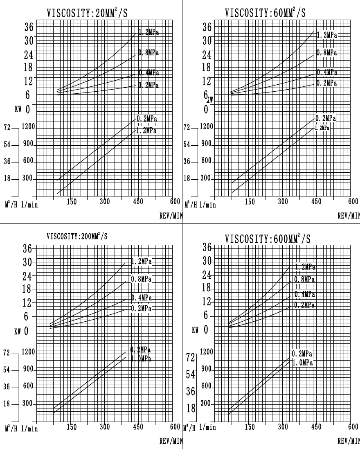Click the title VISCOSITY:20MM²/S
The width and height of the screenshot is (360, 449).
coord(87,13)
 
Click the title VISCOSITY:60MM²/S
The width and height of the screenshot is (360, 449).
coord(265,13)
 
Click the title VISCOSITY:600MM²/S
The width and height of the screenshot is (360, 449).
coord(268,239)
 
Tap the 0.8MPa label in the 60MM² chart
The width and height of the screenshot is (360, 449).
coord(326,53)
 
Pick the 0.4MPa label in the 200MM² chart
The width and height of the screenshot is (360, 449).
coord(141,298)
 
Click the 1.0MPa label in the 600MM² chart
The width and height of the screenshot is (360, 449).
coord(303,363)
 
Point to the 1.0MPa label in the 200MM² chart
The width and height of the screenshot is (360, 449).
coord(141,359)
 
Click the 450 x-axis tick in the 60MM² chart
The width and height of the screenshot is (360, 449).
coord(316,202)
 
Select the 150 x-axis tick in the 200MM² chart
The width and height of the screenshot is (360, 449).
coord(72,427)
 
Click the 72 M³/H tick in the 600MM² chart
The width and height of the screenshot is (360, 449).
coord(191,357)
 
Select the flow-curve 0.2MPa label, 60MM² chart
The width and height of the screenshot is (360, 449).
coord(326,118)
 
